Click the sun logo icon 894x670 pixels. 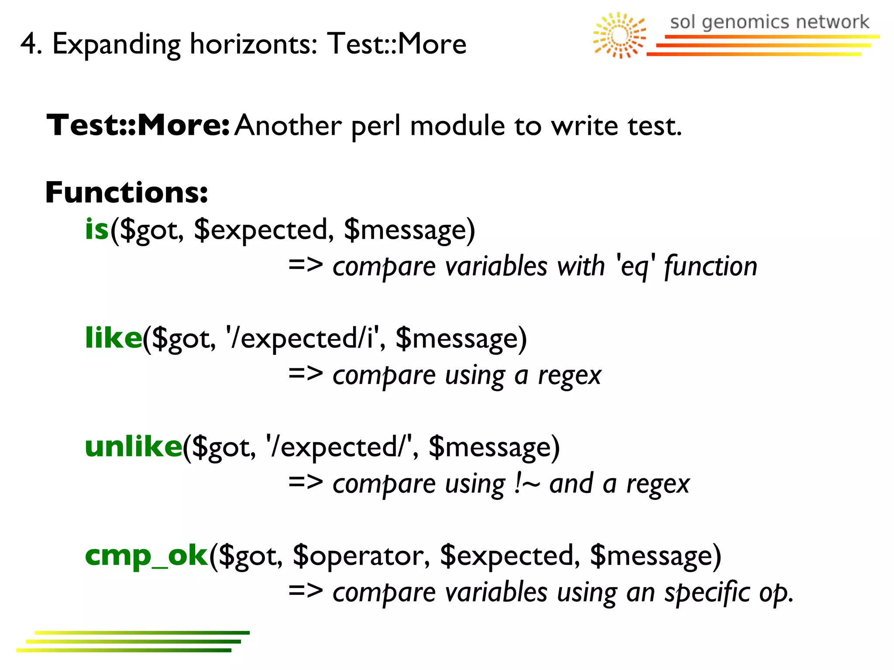(619, 35)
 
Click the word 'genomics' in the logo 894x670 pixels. (746, 22)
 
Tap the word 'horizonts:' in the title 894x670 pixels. (253, 44)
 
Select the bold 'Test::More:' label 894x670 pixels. (138, 125)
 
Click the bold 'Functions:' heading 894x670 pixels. (127, 192)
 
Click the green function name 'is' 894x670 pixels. (96, 229)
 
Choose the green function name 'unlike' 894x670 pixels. (133, 447)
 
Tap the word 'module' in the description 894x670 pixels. (457, 126)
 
